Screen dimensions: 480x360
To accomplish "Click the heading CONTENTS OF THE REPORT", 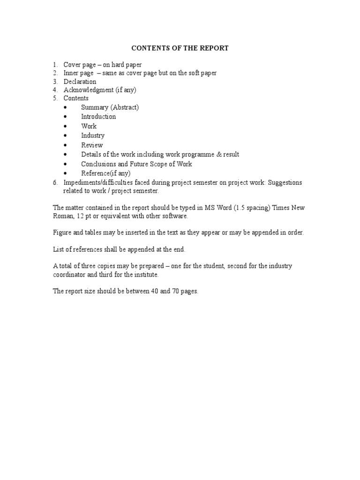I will coord(180,48).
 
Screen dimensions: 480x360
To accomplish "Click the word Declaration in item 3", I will coord(80,82).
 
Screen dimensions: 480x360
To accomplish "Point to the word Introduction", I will coord(98,117).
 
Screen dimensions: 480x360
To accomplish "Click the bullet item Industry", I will coord(93,135).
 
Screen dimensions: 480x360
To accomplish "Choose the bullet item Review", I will coord(92,145).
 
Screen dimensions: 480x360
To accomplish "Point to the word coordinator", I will coord(69,275).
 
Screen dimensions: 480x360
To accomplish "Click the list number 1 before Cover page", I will coord(54,65).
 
